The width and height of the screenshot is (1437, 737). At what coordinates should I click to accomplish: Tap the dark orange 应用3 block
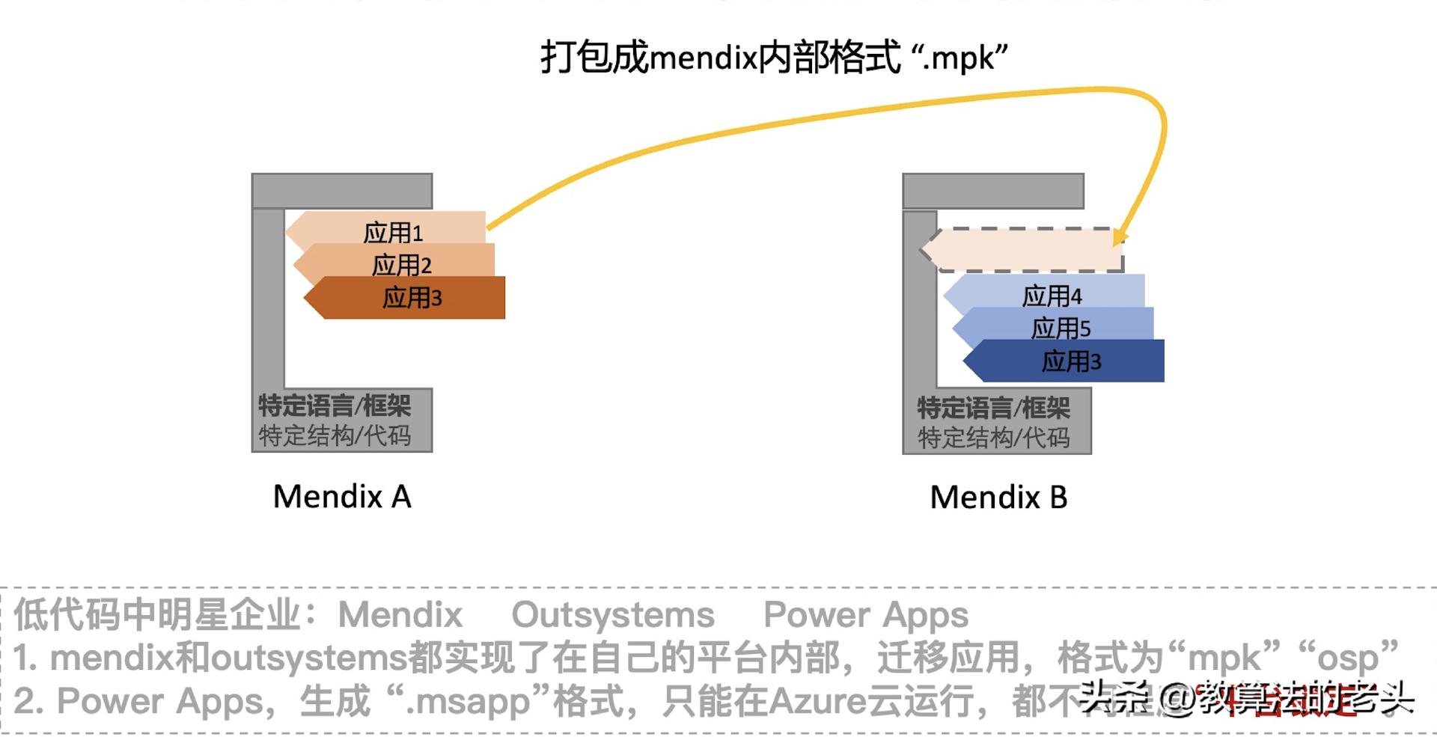click(x=412, y=298)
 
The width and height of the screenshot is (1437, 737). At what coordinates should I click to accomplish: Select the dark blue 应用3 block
click(x=1071, y=361)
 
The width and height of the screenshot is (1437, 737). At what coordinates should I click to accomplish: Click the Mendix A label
click(x=342, y=497)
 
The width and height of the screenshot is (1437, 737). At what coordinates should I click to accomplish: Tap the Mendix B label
click(x=998, y=498)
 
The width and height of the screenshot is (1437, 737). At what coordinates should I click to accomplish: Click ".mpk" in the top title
click(x=959, y=58)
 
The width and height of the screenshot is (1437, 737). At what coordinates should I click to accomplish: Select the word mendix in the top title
click(x=703, y=58)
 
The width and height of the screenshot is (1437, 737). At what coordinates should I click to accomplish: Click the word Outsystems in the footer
click(x=613, y=615)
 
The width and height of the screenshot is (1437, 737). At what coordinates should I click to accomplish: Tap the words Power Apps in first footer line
click(x=866, y=615)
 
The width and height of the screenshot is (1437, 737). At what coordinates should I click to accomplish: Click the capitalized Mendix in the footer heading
click(x=400, y=615)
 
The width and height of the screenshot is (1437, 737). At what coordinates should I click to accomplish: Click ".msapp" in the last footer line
click(x=469, y=702)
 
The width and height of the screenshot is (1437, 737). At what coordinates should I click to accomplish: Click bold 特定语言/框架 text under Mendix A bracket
click(x=335, y=406)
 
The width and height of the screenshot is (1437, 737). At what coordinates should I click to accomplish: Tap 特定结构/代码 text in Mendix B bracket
click(x=993, y=438)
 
